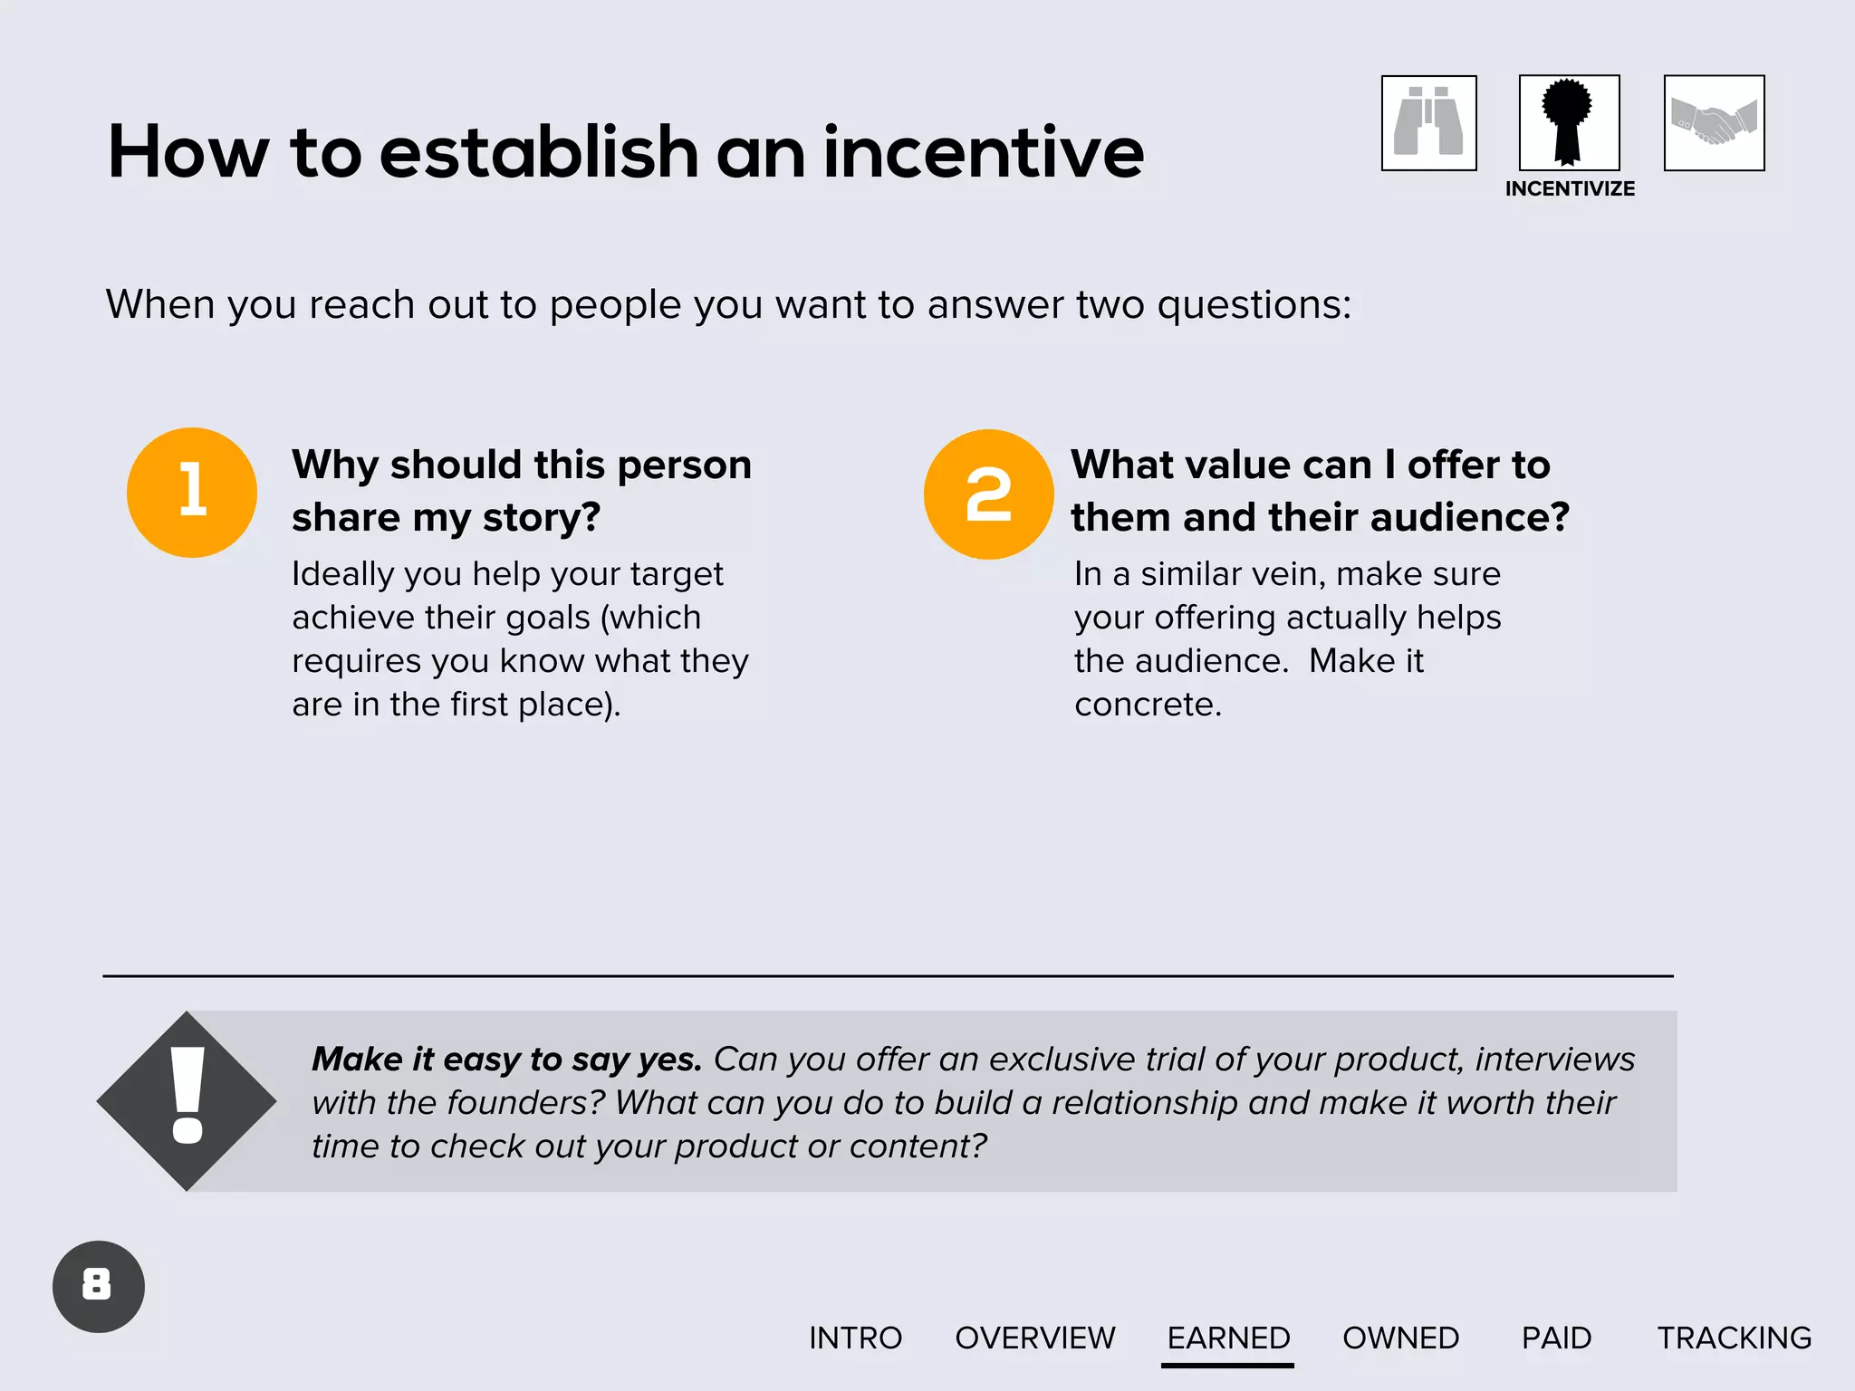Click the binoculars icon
point(1428,123)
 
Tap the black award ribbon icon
point(1569,122)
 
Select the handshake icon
point(1714,123)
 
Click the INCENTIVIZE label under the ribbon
point(1570,189)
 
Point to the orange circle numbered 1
point(192,493)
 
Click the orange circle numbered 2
point(988,494)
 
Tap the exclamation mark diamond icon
point(187,1101)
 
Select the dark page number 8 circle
point(98,1286)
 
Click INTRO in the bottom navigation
point(855,1338)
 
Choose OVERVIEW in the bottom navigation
point(1035,1338)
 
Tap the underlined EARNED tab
point(1228,1338)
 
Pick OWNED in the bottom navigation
point(1400,1338)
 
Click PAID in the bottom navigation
point(1556,1338)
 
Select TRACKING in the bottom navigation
point(1734,1338)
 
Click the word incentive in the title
point(984,152)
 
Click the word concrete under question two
point(1147,705)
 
